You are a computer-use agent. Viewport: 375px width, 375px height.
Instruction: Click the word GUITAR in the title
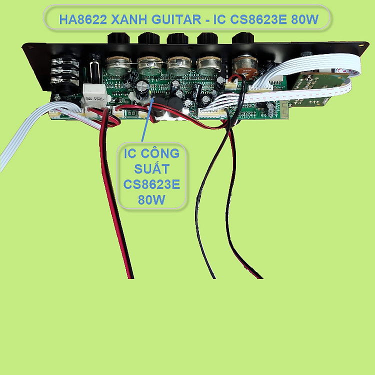(176, 19)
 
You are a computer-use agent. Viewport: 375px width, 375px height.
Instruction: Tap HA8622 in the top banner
(83, 19)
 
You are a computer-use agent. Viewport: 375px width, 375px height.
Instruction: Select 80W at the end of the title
(304, 19)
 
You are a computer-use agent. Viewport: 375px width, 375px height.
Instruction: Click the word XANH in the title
(129, 19)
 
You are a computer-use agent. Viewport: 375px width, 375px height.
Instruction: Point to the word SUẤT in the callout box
(152, 169)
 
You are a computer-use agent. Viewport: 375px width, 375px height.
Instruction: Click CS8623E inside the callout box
(151, 184)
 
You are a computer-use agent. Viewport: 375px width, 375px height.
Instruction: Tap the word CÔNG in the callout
(160, 153)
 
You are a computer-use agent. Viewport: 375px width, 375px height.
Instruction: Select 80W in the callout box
(151, 199)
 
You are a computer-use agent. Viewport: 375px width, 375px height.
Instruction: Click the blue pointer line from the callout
(147, 119)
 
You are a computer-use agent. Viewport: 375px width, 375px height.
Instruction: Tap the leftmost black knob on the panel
(118, 38)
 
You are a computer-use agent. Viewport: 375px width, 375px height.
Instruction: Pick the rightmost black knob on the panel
(243, 38)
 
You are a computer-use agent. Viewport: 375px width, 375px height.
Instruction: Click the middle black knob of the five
(177, 38)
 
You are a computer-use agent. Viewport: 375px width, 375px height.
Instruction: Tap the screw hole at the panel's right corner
(360, 45)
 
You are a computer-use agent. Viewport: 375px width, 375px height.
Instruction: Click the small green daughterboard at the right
(318, 89)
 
